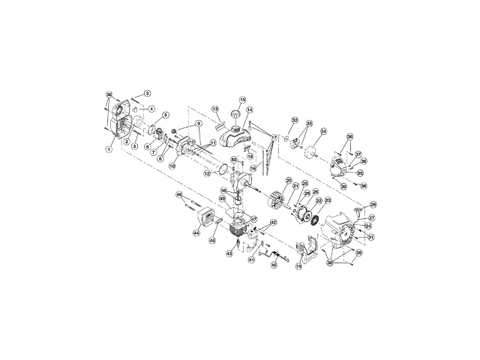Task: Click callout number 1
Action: point(109,149)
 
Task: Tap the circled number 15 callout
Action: point(242,99)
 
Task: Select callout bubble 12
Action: point(207,174)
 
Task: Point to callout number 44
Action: point(196,233)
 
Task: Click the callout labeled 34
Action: point(324,130)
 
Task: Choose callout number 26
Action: point(373,204)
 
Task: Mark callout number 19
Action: point(298,266)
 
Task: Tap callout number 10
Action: point(172,166)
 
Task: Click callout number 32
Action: point(295,120)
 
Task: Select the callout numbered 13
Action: point(214,109)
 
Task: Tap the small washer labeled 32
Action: point(286,139)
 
